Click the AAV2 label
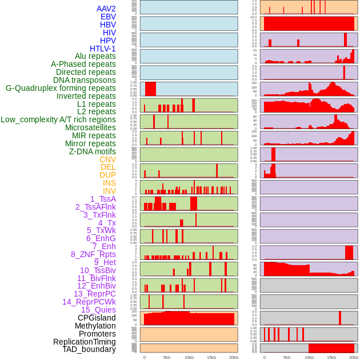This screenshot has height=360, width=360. pyautogui.click(x=106, y=9)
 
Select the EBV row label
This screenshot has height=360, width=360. pyautogui.click(x=108, y=17)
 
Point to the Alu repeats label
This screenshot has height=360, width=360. pyautogui.click(x=95, y=57)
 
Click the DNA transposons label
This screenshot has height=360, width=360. pyautogui.click(x=85, y=80)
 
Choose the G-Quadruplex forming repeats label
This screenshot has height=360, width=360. pyautogui.click(x=61, y=88)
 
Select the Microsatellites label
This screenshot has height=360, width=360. pyautogui.click(x=90, y=127)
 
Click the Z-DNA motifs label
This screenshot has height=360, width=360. pyautogui.click(x=93, y=151)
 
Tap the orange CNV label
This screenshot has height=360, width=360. pyautogui.click(x=107, y=159)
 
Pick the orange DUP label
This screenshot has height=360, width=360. pyautogui.click(x=107, y=175)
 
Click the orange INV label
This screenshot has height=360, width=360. pyautogui.click(x=109, y=191)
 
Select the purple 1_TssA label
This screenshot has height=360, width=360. pyautogui.click(x=103, y=199)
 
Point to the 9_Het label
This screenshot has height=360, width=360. pyautogui.click(x=105, y=262)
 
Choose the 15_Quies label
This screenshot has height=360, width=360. pyautogui.click(x=98, y=310)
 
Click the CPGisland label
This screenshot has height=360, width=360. pyautogui.click(x=97, y=318)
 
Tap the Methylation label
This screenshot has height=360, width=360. pyautogui.click(x=95, y=326)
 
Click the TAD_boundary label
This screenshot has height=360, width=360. pyautogui.click(x=89, y=349)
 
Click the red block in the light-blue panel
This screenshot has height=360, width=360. pyautogui.click(x=150, y=89)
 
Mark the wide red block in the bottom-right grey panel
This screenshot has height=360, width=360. pyautogui.click(x=331, y=348)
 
